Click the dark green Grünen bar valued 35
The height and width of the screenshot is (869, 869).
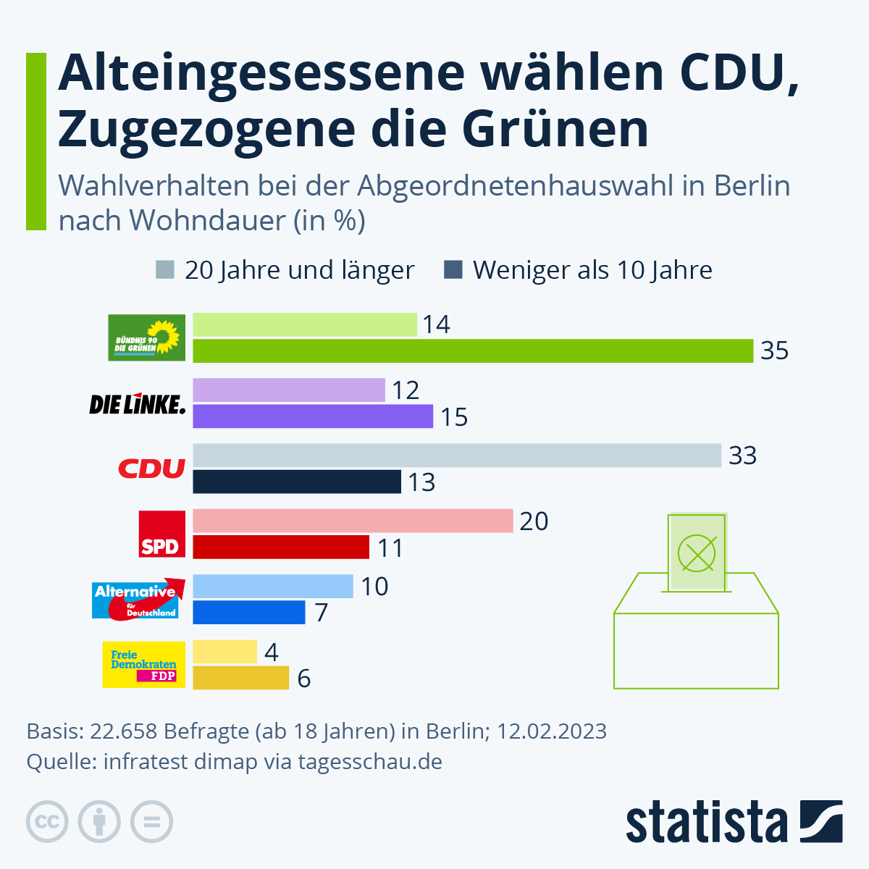(x=473, y=351)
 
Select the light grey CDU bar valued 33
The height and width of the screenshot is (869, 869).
(x=457, y=456)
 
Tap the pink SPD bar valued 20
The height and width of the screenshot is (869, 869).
(x=353, y=521)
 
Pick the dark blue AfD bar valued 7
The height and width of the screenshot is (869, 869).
(x=249, y=613)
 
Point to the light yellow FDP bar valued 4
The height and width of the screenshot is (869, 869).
(x=224, y=652)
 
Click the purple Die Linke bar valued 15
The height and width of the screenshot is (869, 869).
(x=313, y=417)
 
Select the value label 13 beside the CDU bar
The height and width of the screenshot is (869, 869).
(x=421, y=482)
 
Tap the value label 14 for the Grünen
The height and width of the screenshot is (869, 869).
(x=436, y=325)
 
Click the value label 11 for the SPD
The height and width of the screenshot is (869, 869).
(x=390, y=548)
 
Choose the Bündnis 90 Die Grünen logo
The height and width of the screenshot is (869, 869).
(x=146, y=337)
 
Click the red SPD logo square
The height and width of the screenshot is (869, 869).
(x=162, y=534)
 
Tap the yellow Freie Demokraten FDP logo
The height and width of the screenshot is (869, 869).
(x=143, y=665)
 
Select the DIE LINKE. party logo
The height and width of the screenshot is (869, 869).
(x=137, y=403)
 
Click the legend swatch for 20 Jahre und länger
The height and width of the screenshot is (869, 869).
(x=165, y=270)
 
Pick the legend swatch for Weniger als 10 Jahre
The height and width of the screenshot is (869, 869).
(x=453, y=270)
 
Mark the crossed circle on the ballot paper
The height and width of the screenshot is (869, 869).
(x=696, y=553)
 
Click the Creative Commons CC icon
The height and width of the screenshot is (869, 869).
(x=48, y=822)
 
